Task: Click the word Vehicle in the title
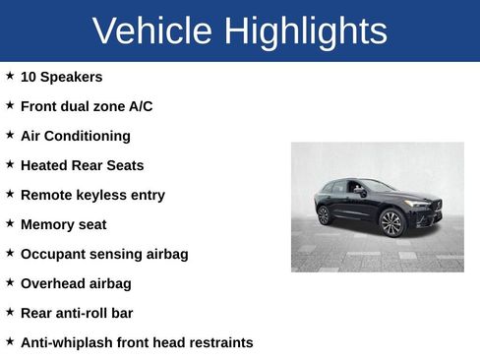[152, 31]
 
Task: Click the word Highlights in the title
[304, 31]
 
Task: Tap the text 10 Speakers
[61, 77]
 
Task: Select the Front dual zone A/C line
[87, 106]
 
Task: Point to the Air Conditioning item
[75, 136]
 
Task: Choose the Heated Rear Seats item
[82, 165]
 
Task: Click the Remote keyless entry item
[92, 195]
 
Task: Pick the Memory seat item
[63, 224]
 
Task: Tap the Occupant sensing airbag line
[104, 254]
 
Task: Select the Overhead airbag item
[76, 283]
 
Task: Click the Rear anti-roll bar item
[77, 313]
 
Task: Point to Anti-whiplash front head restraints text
[137, 342]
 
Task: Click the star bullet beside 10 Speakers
[10, 75]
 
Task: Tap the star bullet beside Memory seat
[10, 222]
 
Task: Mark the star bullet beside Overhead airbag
[10, 281]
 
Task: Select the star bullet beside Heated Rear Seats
[10, 163]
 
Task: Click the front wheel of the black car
[391, 223]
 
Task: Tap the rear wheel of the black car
[325, 214]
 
